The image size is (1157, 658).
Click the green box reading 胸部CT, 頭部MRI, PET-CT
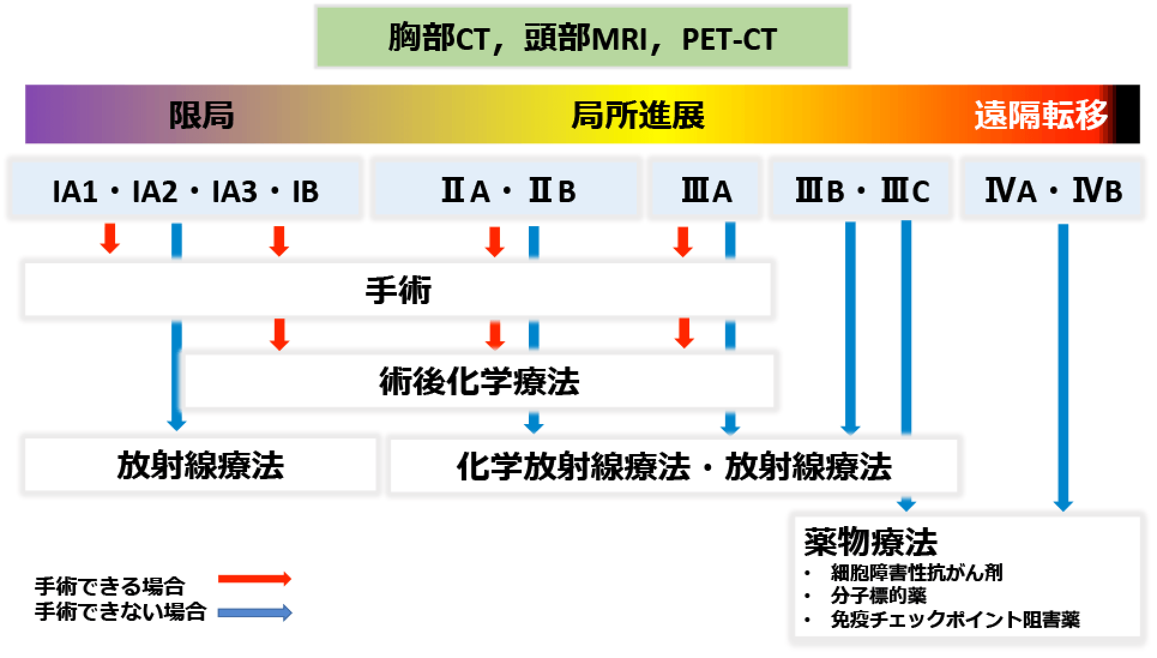coord(582,37)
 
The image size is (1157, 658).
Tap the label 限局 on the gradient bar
coord(201,115)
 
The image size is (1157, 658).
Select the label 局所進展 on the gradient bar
coord(638,115)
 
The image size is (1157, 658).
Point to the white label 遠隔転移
coord(1041,115)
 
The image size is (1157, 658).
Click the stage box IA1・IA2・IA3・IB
coord(185,188)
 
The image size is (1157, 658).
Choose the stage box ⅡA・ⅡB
coord(507,188)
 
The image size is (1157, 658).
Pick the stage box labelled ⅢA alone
coord(706,188)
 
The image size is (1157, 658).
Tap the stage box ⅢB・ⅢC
coord(861,188)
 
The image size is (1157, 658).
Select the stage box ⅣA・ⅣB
coord(1053,188)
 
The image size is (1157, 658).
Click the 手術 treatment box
coord(398,290)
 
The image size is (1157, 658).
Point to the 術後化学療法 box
coord(479,381)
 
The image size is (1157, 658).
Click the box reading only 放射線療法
coord(200,465)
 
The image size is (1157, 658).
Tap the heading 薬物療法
coord(870,542)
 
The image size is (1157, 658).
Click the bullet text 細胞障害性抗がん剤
coord(917,573)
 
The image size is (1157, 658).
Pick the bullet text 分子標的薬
coord(879,596)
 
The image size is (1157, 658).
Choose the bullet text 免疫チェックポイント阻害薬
coord(955,619)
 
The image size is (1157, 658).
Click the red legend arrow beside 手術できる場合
coord(255,579)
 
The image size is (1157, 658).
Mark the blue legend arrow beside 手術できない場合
coord(255,613)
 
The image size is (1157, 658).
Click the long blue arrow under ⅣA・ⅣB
coord(1063,367)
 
